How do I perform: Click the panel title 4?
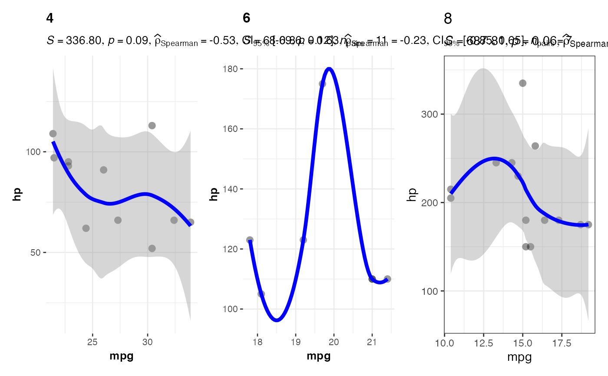point(50,19)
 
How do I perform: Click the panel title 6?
point(246,19)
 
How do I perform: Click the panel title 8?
point(448,19)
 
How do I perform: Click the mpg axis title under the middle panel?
point(318,357)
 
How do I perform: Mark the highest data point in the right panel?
point(523,83)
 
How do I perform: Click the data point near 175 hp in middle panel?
point(322,84)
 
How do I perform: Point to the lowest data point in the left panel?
point(152,248)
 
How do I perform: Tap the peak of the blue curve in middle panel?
point(329,69)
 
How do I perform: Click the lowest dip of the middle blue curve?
point(277,320)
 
